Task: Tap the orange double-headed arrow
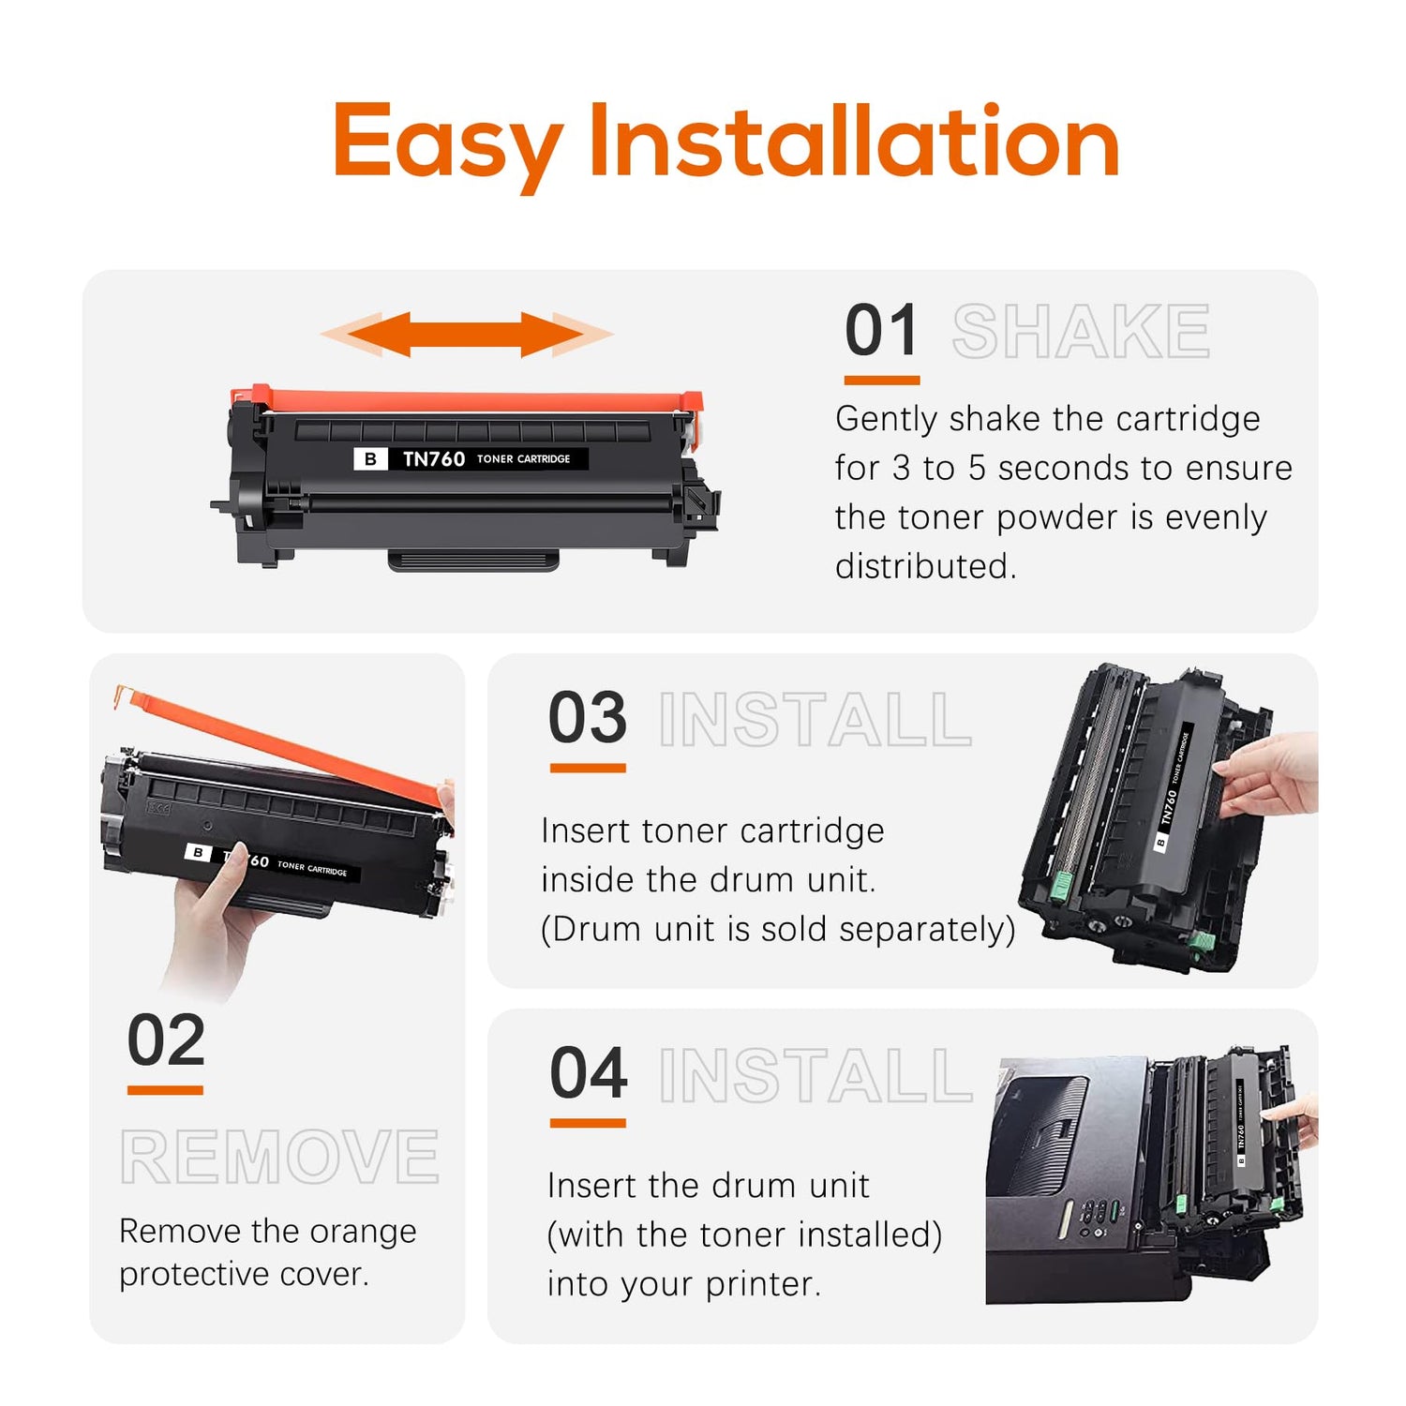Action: (x=467, y=335)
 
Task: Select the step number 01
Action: (x=881, y=332)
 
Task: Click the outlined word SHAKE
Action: (x=1081, y=332)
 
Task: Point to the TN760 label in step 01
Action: (x=434, y=458)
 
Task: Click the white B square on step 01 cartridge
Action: (x=370, y=458)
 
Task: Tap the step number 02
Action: (x=166, y=1040)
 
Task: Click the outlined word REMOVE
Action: (x=279, y=1157)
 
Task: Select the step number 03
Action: (x=588, y=718)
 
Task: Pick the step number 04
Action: (x=589, y=1073)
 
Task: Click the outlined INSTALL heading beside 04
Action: (x=815, y=1075)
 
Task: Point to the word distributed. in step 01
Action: (x=926, y=566)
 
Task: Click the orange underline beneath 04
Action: (x=588, y=1122)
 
